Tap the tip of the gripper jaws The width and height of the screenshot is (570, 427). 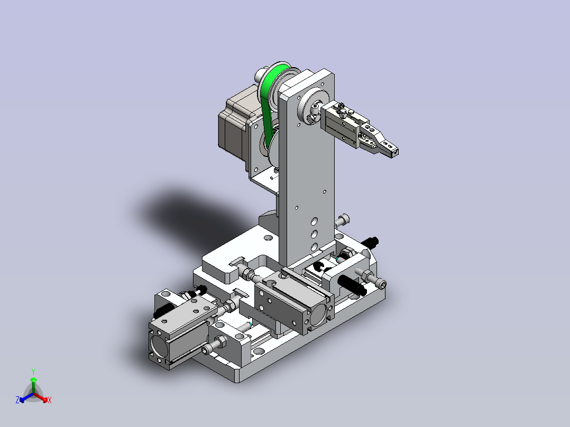point(394,152)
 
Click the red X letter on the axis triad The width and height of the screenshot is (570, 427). point(50,400)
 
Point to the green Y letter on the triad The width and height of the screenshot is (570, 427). point(33,372)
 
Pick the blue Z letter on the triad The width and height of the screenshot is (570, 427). point(17,400)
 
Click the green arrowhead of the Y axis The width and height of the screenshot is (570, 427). point(33,379)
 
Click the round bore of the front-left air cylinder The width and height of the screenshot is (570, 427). point(159,345)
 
